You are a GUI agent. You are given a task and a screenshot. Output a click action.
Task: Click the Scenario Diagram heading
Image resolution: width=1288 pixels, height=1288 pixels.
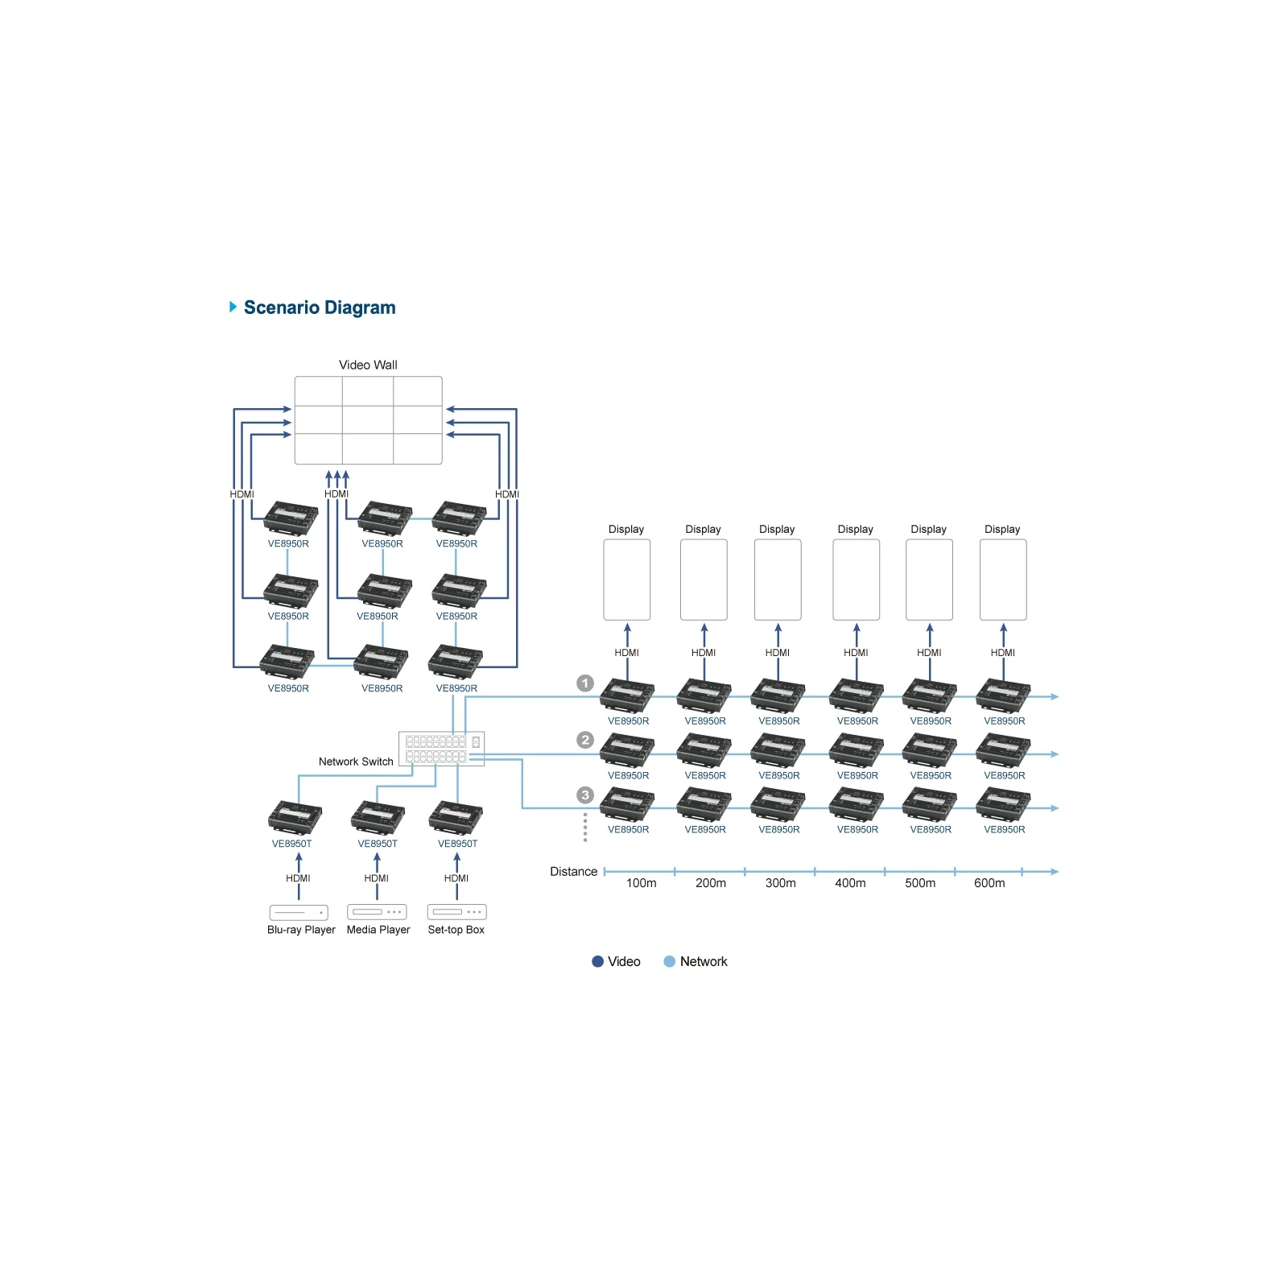click(x=320, y=308)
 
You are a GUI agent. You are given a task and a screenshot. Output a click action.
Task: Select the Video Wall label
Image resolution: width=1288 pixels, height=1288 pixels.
click(x=368, y=365)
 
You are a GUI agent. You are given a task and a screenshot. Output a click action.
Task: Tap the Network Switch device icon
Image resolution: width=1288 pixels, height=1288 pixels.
click(x=441, y=749)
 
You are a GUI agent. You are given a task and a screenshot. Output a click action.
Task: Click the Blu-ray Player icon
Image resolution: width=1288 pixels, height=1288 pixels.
click(x=299, y=912)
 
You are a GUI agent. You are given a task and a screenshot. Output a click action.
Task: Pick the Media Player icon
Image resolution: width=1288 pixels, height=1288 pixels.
click(x=377, y=912)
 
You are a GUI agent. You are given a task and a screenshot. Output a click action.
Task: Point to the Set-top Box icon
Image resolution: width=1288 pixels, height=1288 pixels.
click(x=457, y=912)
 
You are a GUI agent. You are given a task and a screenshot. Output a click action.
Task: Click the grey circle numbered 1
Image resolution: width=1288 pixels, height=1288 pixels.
click(x=585, y=683)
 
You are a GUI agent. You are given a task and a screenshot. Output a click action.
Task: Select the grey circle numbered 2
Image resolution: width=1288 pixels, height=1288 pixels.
click(x=585, y=740)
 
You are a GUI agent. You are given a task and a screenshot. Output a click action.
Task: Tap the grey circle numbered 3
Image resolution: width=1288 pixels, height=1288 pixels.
click(x=585, y=795)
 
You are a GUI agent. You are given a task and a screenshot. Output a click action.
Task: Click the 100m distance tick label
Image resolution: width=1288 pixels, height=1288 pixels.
click(x=642, y=883)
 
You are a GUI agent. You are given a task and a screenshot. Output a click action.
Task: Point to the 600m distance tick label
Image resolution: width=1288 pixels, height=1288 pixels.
click(x=989, y=883)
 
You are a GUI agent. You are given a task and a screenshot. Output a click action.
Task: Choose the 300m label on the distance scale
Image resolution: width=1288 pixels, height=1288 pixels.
click(x=781, y=883)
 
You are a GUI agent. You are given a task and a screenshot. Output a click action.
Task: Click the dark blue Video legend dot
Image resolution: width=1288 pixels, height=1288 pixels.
click(x=597, y=961)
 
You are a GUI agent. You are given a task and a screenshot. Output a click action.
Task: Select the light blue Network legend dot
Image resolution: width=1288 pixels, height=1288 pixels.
click(x=669, y=961)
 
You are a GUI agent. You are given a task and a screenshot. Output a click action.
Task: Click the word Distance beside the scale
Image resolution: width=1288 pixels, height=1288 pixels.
click(x=574, y=872)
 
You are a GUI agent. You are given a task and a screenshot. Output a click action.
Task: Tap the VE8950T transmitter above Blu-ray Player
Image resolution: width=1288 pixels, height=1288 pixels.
click(x=295, y=817)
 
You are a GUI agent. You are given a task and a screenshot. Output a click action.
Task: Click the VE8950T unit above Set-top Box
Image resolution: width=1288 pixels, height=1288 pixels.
click(x=456, y=817)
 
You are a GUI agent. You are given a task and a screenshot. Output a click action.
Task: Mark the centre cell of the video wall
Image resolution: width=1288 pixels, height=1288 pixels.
click(x=368, y=420)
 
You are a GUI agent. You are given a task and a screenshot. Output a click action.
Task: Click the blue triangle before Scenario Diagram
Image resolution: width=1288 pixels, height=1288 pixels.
click(x=233, y=307)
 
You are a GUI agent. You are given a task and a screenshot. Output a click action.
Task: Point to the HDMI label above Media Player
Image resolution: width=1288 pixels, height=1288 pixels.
click(x=377, y=878)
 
